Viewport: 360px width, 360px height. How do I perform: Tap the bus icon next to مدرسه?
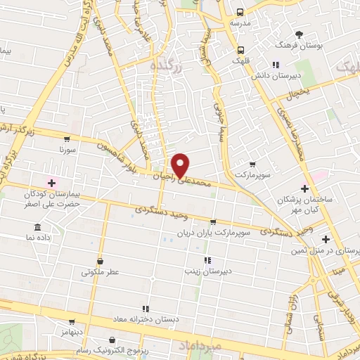(240, 12)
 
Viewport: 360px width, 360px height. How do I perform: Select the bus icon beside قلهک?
(240, 50)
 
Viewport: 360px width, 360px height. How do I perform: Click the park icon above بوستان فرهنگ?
(299, 34)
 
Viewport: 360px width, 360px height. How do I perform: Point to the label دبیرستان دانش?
(297, 75)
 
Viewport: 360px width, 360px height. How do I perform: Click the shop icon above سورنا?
(67, 139)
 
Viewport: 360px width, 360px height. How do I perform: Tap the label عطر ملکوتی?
(101, 271)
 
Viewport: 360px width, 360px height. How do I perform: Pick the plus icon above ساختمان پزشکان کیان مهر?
(304, 188)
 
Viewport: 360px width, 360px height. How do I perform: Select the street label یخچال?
(299, 92)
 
